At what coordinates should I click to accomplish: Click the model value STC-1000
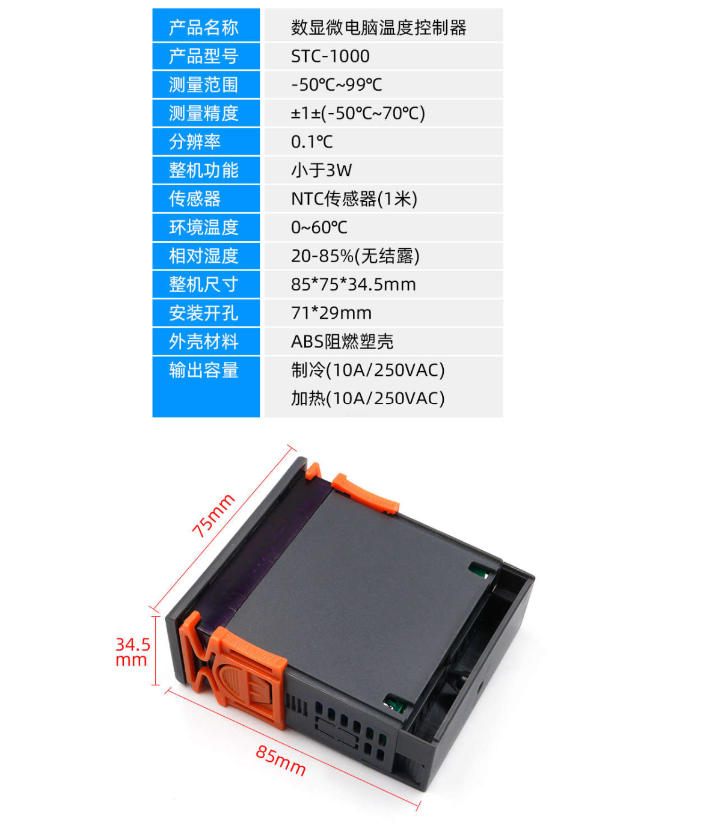click(330, 56)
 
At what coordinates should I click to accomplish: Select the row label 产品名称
click(203, 28)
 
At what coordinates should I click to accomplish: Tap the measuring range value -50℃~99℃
click(337, 85)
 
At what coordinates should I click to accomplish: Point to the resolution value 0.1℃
click(311, 142)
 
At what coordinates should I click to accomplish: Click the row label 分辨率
click(195, 142)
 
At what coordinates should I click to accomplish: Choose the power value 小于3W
click(321, 170)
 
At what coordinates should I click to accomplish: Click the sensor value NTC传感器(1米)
click(354, 198)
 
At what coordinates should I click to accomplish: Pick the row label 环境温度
click(203, 227)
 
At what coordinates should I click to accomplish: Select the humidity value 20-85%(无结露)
click(355, 256)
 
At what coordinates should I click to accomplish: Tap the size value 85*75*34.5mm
click(354, 284)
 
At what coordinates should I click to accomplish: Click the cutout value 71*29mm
click(331, 313)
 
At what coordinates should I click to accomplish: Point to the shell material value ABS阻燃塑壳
click(342, 342)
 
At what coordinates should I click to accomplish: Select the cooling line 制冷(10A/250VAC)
click(367, 370)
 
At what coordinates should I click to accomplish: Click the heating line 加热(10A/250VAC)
click(367, 398)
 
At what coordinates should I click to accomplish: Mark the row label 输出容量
click(203, 370)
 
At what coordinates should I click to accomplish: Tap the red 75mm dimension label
click(213, 515)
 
